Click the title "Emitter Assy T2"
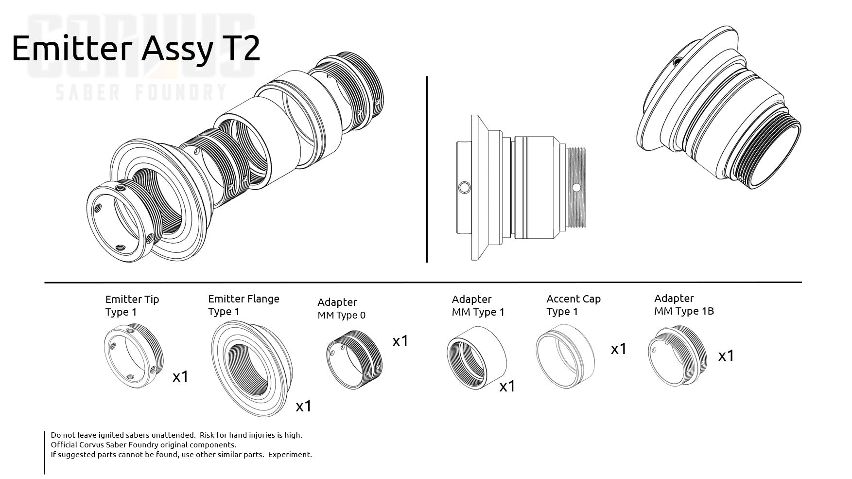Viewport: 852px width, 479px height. click(x=136, y=49)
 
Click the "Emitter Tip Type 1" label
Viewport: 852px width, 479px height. click(x=132, y=305)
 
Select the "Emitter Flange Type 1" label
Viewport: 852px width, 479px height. click(x=243, y=305)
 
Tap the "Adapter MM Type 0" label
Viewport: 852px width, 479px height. click(x=341, y=308)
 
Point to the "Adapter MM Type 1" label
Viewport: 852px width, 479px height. click(x=478, y=305)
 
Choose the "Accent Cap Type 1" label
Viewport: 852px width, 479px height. click(x=573, y=305)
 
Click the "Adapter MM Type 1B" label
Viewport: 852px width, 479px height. click(x=683, y=304)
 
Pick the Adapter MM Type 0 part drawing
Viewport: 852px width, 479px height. click(x=353, y=359)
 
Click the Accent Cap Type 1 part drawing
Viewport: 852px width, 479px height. click(x=565, y=358)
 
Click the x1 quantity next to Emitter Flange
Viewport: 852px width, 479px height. click(x=303, y=406)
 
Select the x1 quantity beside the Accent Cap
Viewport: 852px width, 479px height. click(x=618, y=349)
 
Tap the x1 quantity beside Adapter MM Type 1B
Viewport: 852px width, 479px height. click(x=726, y=356)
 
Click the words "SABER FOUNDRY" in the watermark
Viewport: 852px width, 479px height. click(x=141, y=91)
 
